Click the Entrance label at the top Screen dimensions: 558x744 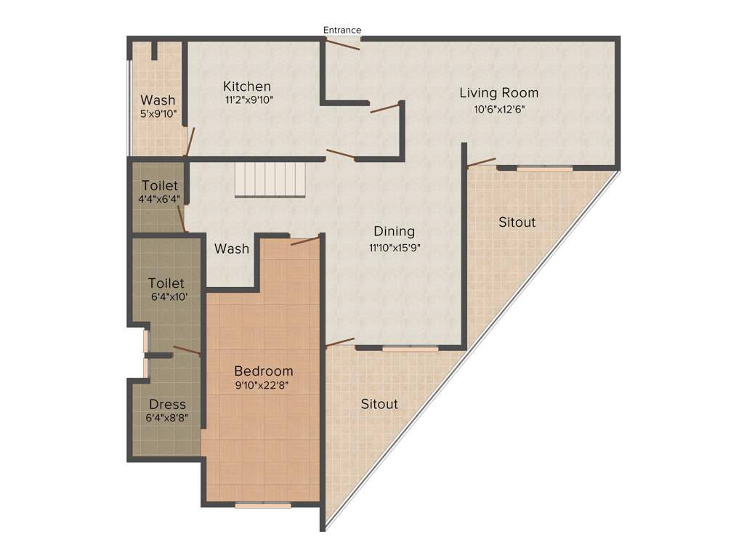coord(342,30)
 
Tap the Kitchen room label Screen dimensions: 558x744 coord(247,86)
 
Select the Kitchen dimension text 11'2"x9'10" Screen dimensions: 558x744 coord(248,100)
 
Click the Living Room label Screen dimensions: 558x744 coord(498,93)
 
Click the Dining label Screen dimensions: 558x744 coord(394,232)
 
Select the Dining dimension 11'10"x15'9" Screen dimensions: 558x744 coord(395,247)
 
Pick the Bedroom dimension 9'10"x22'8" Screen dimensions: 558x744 coord(262,386)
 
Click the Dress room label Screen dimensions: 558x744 coord(167,404)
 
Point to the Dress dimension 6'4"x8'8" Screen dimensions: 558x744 coord(167,418)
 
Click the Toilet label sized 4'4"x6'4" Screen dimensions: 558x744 coord(160,185)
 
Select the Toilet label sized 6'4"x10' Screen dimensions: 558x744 coord(166,283)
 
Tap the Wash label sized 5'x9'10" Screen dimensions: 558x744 coord(158,100)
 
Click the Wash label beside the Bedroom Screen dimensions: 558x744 coord(232,248)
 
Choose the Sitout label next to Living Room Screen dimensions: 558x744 coord(517,222)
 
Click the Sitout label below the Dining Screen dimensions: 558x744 coord(379,403)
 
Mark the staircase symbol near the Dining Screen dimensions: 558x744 coord(270,179)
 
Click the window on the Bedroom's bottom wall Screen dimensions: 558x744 coord(263,504)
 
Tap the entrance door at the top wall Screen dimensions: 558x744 coord(341,44)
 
